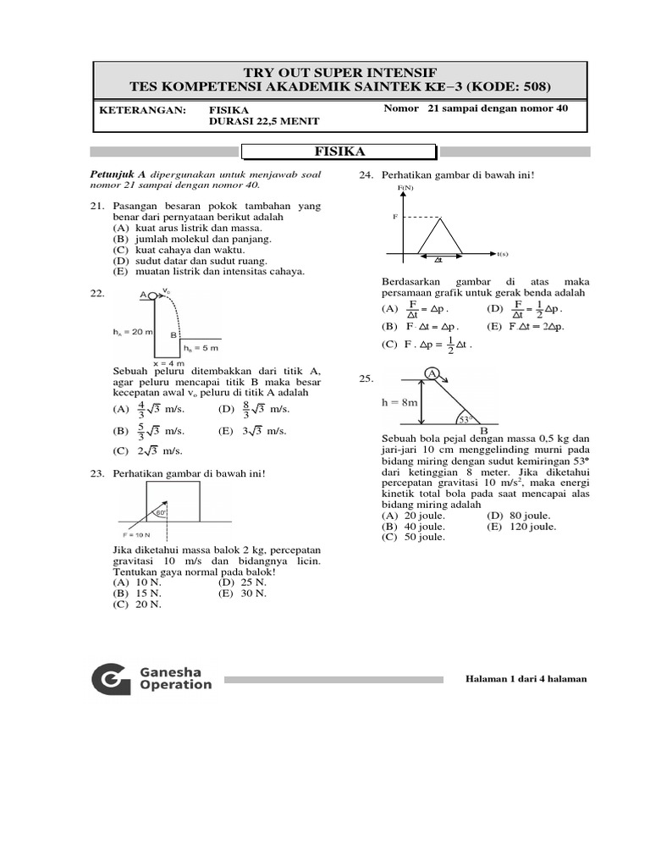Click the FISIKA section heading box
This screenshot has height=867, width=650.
tap(339, 152)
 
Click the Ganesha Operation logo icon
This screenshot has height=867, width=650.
tap(111, 679)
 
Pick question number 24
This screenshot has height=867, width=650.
tap(366, 175)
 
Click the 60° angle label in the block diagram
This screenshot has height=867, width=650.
tap(160, 512)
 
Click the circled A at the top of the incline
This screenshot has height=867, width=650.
tap(431, 373)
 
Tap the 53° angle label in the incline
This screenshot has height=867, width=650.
tap(465, 418)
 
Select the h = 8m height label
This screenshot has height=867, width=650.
tap(399, 403)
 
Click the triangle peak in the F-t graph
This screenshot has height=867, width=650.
tap(440, 218)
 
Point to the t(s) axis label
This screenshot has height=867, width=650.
tap(502, 254)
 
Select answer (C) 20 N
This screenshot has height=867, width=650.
tap(131, 605)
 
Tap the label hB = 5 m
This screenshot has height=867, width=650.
tap(201, 348)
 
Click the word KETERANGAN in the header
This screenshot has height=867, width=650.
tap(142, 110)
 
